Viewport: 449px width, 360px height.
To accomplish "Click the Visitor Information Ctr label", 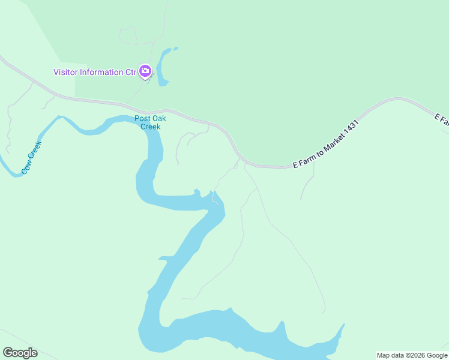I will pos(95,73).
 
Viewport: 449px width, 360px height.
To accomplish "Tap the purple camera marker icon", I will pos(145,71).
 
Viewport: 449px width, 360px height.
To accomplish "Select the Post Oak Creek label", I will pos(150,122).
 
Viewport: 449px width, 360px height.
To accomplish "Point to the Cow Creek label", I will pos(31,157).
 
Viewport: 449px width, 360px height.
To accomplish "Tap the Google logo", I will pos(20,353).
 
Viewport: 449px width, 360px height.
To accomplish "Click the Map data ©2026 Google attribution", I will pos(412,355).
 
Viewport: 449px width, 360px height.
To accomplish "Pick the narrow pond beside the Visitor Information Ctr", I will pos(163,67).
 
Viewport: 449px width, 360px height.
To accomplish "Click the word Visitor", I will pos(66,73).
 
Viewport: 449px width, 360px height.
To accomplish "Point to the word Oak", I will pos(158,118).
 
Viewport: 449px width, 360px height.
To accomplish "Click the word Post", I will pos(142,118).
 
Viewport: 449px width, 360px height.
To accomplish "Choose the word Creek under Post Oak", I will pos(150,127).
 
